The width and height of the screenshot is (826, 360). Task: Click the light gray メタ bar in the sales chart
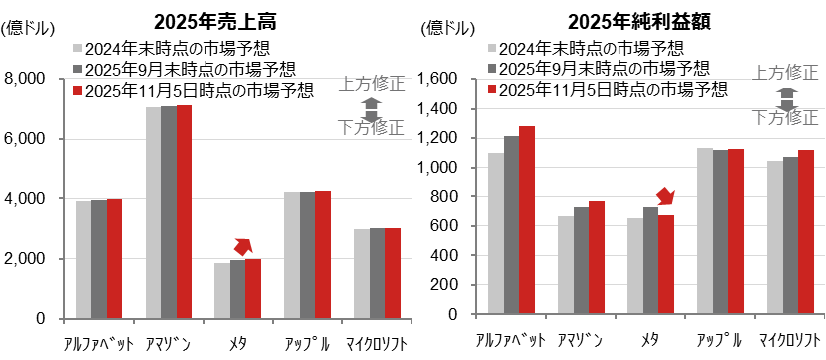222,290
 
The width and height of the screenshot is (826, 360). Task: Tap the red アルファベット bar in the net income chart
527,219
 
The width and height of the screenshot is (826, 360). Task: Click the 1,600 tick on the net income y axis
448,79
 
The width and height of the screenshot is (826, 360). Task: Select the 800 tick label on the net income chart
456,196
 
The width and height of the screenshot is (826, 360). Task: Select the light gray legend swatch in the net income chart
492,47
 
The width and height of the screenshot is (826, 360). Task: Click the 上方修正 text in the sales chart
371,83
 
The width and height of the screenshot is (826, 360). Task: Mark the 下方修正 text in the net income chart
785,117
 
